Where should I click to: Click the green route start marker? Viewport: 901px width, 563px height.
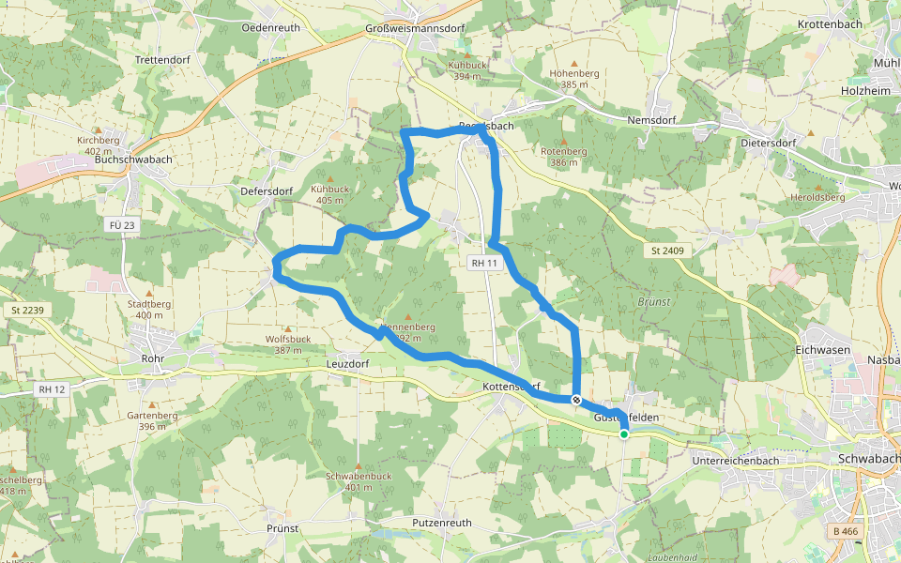tap(623, 434)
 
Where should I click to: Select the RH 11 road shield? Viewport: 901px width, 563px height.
tap(484, 264)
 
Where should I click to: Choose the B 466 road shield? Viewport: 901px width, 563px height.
tap(846, 531)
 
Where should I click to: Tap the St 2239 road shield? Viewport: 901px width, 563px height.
tap(28, 310)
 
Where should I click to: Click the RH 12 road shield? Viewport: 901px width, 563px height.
tap(52, 388)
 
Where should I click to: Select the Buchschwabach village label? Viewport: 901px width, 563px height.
tap(133, 160)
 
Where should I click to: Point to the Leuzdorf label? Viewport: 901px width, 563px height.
tap(346, 363)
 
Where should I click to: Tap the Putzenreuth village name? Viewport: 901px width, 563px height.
tap(441, 522)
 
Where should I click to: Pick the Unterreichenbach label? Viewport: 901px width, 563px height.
tap(735, 462)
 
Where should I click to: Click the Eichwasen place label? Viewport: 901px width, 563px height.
tap(822, 349)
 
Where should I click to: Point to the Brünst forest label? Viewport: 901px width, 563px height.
tap(653, 303)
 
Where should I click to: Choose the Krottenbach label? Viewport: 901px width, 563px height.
tap(831, 23)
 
